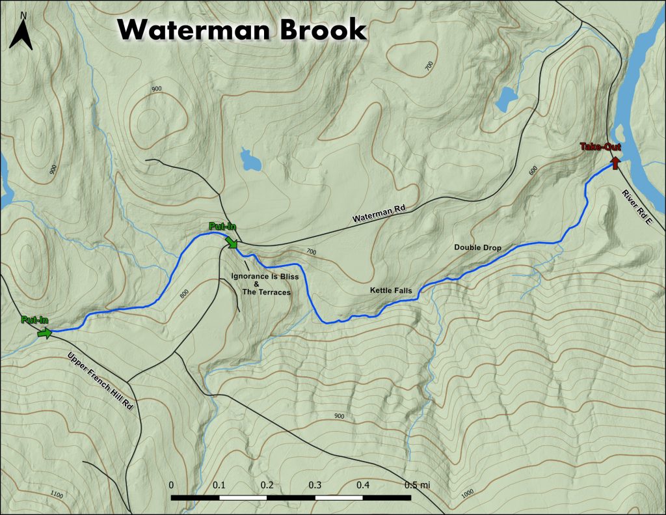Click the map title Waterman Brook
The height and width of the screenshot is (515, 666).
pyautogui.click(x=242, y=29)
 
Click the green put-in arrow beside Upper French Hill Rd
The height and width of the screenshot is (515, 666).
pyautogui.click(x=44, y=333)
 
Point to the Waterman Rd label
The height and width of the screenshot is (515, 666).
pyautogui.click(x=379, y=214)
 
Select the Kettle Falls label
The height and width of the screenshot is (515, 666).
pyautogui.click(x=391, y=290)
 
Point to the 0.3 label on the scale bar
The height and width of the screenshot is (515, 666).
pyautogui.click(x=315, y=485)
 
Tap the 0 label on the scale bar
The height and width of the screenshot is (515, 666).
pyautogui.click(x=171, y=485)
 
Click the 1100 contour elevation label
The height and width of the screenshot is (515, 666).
pyautogui.click(x=57, y=496)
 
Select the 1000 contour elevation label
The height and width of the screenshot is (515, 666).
pyautogui.click(x=466, y=493)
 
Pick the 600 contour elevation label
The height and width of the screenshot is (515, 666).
pyautogui.click(x=535, y=171)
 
